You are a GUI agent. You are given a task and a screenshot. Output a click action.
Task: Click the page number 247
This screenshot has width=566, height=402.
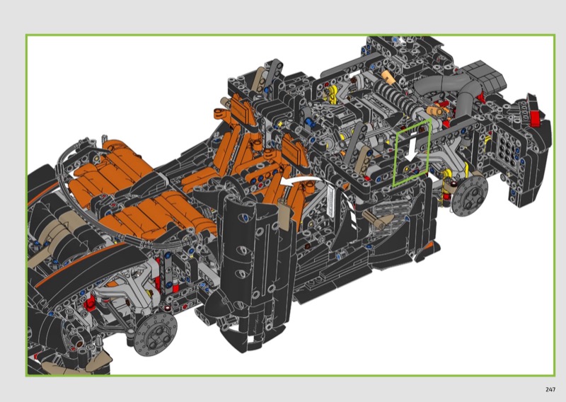tap(550, 389)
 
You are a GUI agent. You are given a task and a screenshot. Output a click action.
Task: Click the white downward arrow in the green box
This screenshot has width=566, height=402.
tap(411, 147)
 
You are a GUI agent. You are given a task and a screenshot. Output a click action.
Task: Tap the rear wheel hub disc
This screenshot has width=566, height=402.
tap(469, 195)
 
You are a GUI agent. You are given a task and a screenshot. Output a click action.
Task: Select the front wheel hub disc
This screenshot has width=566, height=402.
tap(155, 334)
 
